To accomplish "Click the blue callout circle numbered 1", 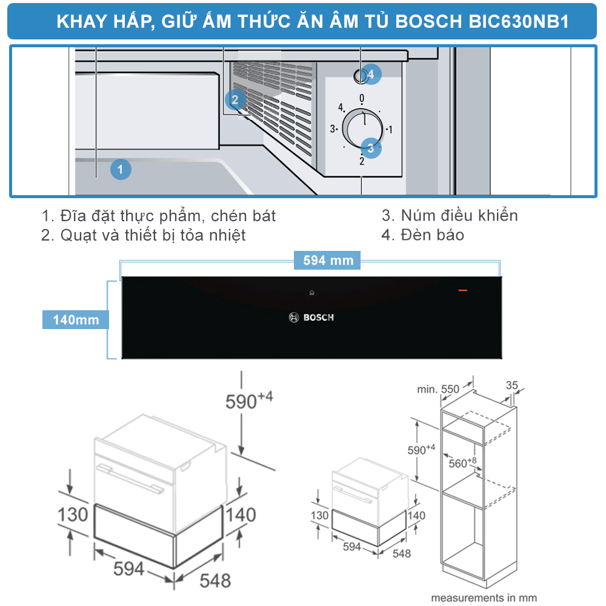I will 121,170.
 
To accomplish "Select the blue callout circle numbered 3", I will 371,147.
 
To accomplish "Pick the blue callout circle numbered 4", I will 371,75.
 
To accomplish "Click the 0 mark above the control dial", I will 362,98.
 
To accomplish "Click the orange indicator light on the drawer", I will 462,291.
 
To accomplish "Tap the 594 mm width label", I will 328,261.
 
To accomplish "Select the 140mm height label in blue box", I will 76,319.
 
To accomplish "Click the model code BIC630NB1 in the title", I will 519,22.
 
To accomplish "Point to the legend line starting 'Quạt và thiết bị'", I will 144,235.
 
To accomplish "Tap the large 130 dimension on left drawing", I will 73,514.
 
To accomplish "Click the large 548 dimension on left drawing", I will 215,580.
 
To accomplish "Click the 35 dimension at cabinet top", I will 512,384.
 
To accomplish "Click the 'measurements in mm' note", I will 484,598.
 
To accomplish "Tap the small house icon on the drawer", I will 311,293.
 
